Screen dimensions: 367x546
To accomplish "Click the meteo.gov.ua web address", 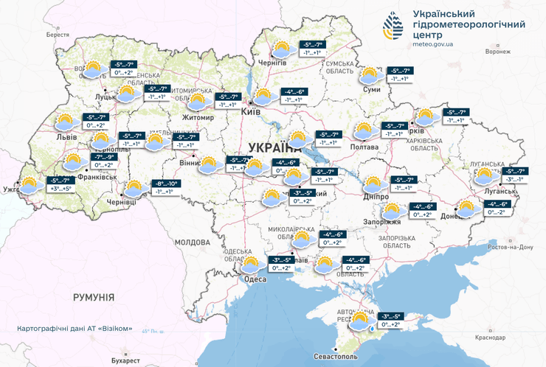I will pos(428,44).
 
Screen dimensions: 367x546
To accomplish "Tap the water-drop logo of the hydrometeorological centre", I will pos(394,28).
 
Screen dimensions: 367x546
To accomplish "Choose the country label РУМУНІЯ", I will pos(94,297).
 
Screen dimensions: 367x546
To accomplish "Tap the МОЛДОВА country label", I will pos(193,242).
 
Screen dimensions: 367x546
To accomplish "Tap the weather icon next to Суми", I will pos(369,75).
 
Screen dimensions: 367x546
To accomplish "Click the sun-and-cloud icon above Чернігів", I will pos(280,49).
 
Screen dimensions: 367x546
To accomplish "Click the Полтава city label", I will pos(367,147).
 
